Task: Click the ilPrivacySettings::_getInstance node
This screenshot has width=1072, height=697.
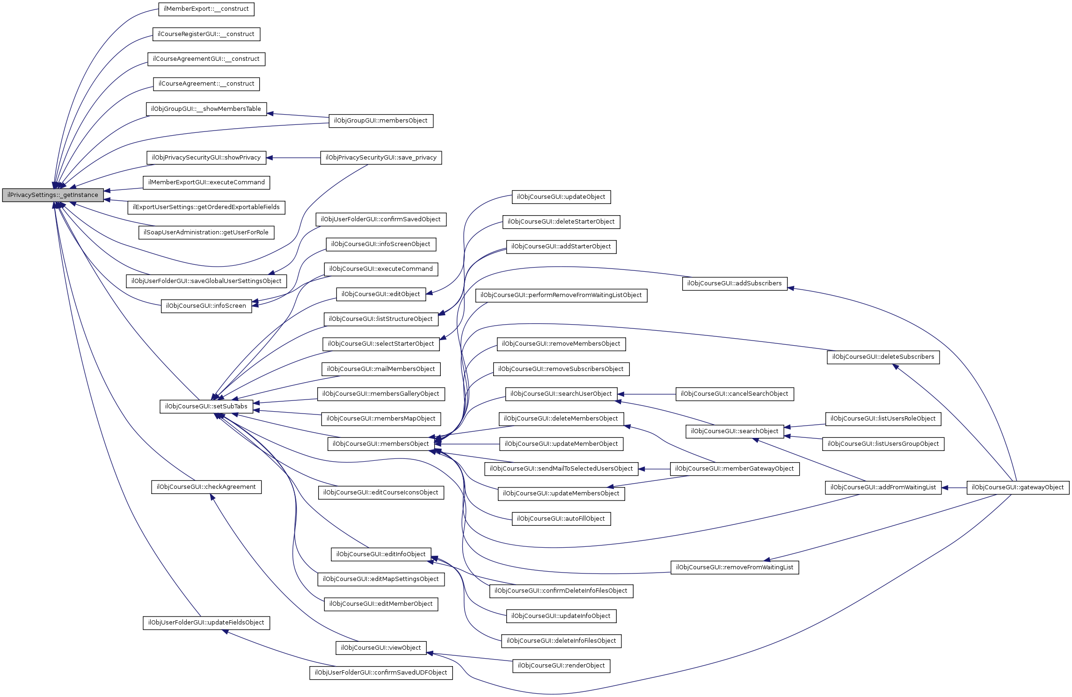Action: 53,195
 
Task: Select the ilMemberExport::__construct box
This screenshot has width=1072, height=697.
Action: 206,9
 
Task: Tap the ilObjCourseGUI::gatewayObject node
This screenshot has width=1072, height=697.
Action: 1018,487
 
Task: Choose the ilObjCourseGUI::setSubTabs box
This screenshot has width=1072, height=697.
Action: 206,407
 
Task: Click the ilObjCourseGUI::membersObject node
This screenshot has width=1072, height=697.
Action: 380,444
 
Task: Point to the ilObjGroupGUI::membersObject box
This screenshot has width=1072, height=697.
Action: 381,121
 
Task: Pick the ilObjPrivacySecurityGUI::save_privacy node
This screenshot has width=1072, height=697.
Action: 381,158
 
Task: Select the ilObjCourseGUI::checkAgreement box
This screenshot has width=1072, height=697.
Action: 206,487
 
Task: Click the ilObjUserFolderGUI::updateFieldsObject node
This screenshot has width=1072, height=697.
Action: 206,623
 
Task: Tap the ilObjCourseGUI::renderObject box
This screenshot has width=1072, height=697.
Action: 561,666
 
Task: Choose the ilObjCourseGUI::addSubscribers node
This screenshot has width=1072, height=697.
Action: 735,283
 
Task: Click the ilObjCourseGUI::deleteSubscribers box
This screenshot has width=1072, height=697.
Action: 883,357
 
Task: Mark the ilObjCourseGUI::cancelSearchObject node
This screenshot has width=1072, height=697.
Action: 735,394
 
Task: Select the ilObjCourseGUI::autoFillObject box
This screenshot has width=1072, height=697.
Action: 561,519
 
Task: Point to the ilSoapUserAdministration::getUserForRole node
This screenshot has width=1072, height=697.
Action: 206,232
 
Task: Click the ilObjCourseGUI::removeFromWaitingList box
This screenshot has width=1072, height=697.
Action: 735,567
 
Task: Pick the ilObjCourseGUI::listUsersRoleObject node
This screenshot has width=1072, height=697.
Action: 883,419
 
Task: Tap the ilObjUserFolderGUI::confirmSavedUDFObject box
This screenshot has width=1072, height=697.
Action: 381,673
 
